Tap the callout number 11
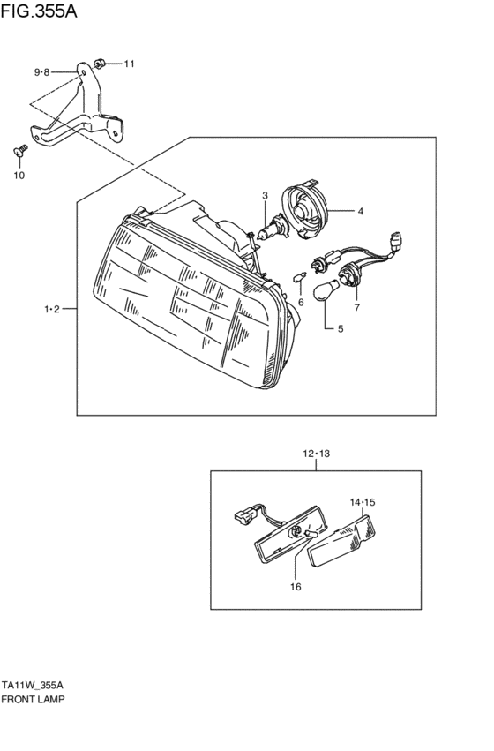[x=129, y=64]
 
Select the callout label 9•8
[x=43, y=71]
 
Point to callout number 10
[x=19, y=175]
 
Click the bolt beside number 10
[x=20, y=153]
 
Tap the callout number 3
[x=263, y=195]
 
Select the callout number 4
[x=360, y=211]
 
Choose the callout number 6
[x=300, y=302]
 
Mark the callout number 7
[x=357, y=307]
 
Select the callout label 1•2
[x=51, y=309]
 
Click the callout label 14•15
[x=363, y=502]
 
